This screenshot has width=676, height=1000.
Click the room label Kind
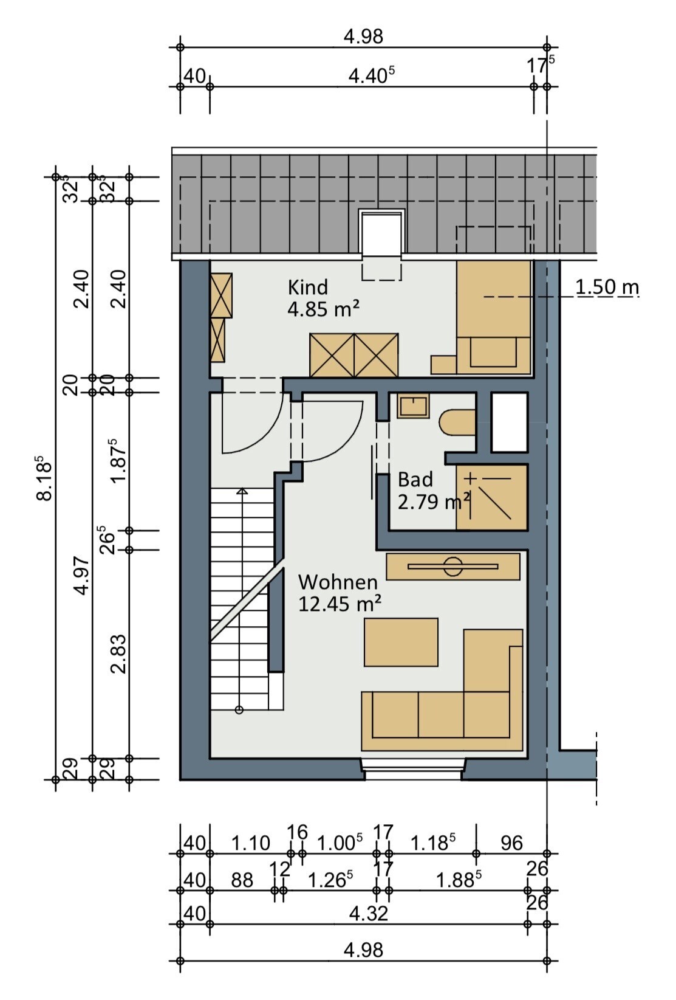click(x=308, y=287)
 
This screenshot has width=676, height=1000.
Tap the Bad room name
click(x=415, y=480)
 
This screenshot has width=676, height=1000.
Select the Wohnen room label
click(x=338, y=582)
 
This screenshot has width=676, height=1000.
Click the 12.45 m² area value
click(x=340, y=604)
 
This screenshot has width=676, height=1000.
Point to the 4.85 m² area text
click(x=323, y=309)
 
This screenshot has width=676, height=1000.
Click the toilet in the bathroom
click(x=457, y=422)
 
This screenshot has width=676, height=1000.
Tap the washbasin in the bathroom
click(x=413, y=405)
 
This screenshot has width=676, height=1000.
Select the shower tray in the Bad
click(x=492, y=497)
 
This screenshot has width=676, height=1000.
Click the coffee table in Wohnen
click(x=401, y=642)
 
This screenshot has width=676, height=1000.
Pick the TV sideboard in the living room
click(x=453, y=567)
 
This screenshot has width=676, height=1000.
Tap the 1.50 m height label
click(x=607, y=287)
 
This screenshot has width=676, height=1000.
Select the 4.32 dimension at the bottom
click(x=368, y=914)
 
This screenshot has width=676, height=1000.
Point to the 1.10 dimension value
click(x=251, y=843)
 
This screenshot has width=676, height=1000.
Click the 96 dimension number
click(x=511, y=843)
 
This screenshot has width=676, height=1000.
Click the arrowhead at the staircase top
click(x=242, y=491)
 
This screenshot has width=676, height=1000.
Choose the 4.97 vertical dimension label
click(x=83, y=576)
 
